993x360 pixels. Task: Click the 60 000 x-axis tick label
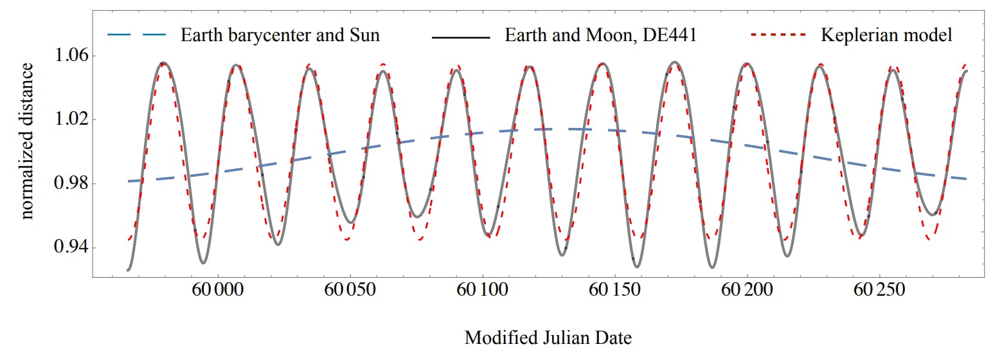pyautogui.click(x=219, y=290)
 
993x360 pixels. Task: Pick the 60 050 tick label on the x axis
pyautogui.click(x=351, y=290)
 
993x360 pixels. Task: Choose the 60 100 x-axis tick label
pyautogui.click(x=483, y=290)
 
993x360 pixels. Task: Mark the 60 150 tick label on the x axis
pyautogui.click(x=616, y=290)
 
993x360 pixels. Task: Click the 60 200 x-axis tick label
pyautogui.click(x=747, y=290)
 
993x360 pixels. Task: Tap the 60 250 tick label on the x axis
pyautogui.click(x=880, y=290)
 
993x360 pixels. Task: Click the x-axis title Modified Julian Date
pyautogui.click(x=548, y=337)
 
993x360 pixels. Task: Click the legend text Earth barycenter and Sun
pyautogui.click(x=280, y=35)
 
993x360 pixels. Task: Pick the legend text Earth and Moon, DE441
pyautogui.click(x=600, y=35)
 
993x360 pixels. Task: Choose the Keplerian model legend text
pyautogui.click(x=886, y=35)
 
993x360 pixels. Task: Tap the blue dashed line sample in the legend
pyautogui.click(x=138, y=35)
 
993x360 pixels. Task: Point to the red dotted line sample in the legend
pyautogui.click(x=779, y=35)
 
